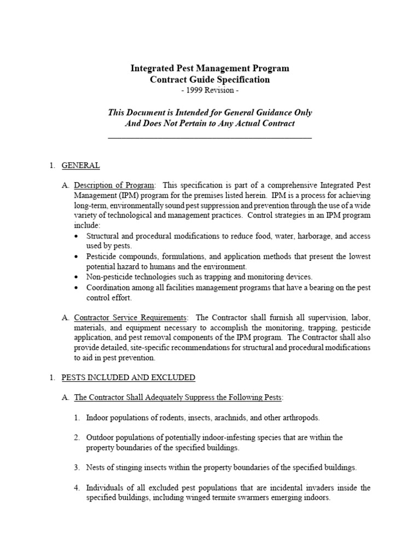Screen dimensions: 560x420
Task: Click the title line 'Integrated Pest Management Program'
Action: click(210, 68)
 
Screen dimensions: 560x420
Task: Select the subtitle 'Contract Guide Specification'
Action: click(210, 79)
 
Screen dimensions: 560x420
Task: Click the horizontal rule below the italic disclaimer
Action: click(210, 138)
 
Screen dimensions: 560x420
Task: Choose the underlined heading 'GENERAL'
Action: click(80, 165)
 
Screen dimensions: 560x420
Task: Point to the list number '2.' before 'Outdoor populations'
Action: click(77, 437)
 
